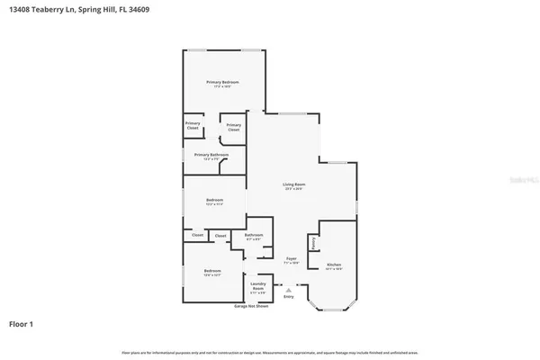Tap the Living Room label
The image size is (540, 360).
293,184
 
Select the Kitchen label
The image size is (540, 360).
333,265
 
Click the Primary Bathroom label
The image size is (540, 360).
211,155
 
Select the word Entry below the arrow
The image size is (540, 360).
288,296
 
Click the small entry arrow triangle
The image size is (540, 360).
288,290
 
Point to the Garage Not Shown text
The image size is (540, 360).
251,306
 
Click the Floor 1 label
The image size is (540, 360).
22,322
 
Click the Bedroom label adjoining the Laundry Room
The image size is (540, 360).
211,271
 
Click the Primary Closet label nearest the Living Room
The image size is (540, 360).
233,127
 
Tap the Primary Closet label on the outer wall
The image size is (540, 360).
193,125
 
